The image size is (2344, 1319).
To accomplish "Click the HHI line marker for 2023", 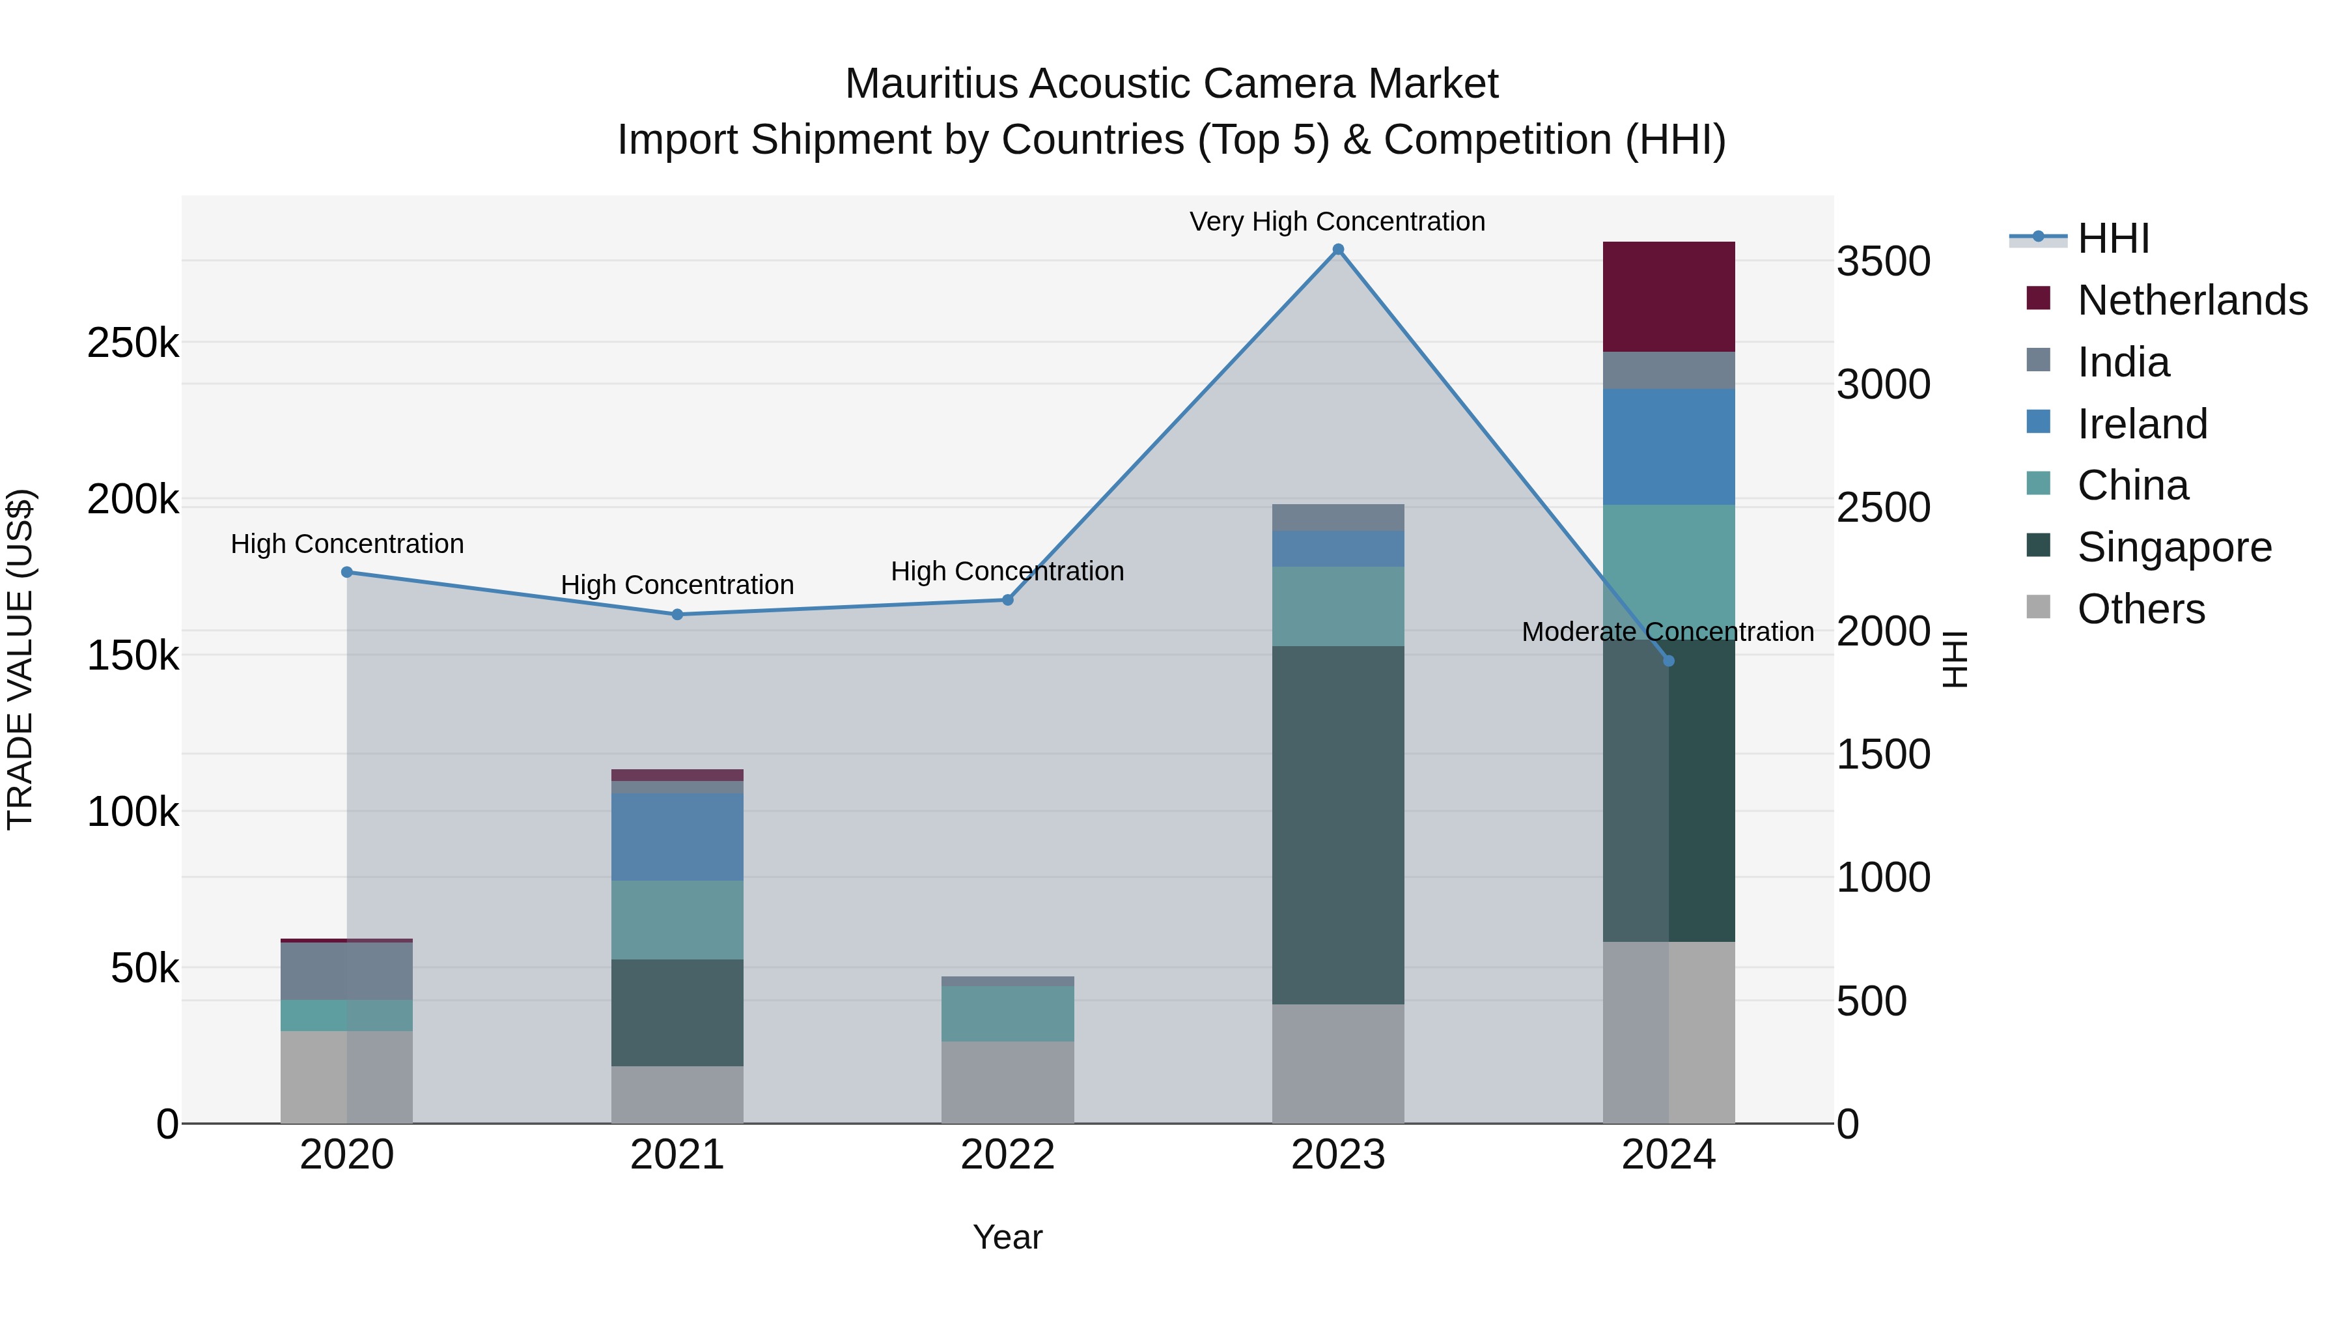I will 1337,249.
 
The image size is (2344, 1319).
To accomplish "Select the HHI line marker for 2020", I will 346,573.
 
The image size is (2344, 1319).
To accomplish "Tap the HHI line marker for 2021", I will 677,614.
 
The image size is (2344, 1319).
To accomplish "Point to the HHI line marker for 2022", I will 1007,600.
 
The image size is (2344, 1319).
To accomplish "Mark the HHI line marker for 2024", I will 1668,661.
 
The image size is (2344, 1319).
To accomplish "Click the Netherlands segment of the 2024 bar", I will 1668,297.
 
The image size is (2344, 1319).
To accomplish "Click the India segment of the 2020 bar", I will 346,971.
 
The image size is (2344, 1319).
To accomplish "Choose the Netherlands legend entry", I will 2192,300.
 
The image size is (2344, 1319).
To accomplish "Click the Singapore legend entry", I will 2174,547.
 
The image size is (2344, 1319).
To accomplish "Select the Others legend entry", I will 2140,609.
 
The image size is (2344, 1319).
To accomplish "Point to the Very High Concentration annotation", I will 1337,221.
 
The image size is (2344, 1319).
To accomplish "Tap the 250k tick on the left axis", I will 133,343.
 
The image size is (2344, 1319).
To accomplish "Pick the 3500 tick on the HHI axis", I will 1882,261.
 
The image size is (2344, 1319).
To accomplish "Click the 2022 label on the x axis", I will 1007,1155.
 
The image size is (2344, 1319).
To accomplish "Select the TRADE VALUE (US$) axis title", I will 20,659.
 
